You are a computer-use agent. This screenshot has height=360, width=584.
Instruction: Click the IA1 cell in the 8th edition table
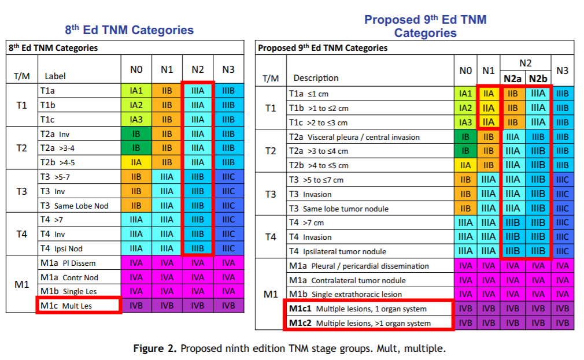[136, 91]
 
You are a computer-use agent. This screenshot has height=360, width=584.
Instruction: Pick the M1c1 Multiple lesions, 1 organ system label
[358, 309]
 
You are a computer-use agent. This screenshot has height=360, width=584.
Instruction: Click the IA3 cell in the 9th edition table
[465, 122]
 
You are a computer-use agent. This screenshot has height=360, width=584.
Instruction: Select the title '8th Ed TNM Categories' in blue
[130, 30]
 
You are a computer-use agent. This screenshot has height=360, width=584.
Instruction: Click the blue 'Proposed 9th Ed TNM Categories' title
[425, 26]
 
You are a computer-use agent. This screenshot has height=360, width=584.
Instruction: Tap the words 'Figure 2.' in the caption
[155, 348]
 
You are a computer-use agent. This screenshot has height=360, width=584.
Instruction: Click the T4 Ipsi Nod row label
[61, 248]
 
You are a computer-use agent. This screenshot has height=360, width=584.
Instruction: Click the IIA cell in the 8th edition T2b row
[136, 162]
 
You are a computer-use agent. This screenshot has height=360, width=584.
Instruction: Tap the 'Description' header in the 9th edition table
[316, 78]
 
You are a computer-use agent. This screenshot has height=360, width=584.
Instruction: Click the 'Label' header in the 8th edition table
[56, 76]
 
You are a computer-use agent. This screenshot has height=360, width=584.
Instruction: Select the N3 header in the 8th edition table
[228, 69]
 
